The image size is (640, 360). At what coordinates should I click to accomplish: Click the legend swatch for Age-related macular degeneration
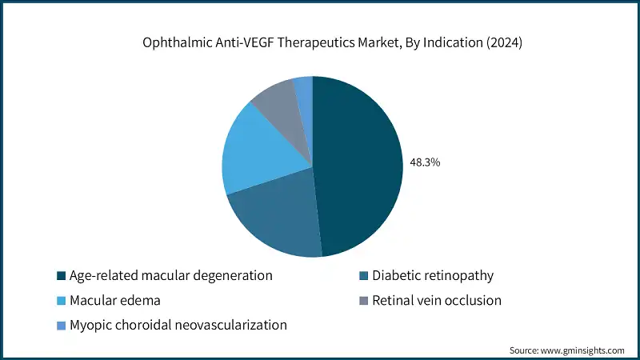point(61,276)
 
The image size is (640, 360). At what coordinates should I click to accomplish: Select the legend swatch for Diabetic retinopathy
point(366,276)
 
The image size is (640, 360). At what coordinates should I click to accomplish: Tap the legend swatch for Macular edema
point(61,301)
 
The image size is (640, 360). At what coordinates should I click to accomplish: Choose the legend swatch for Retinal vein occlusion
point(366,301)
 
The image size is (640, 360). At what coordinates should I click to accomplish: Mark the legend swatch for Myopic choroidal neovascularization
point(61,326)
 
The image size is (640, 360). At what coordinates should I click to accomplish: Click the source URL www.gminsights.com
point(584,350)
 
